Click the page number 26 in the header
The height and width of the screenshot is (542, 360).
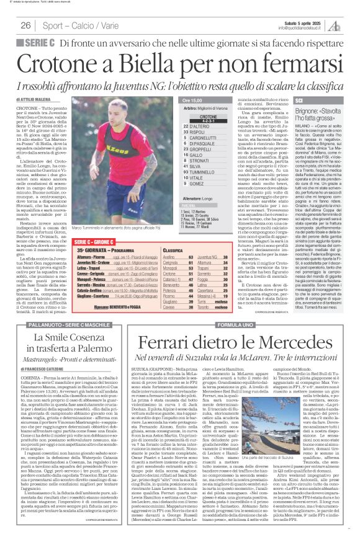click(x=25, y=25)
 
